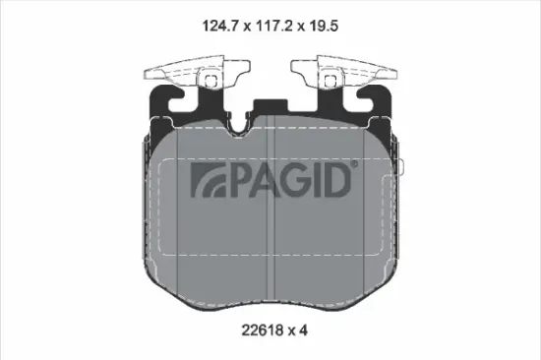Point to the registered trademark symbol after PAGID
pos(355,167)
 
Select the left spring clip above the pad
pos(196,73)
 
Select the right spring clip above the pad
pos(345,73)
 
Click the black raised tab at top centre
pos(270,108)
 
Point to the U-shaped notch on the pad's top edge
pos(270,123)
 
